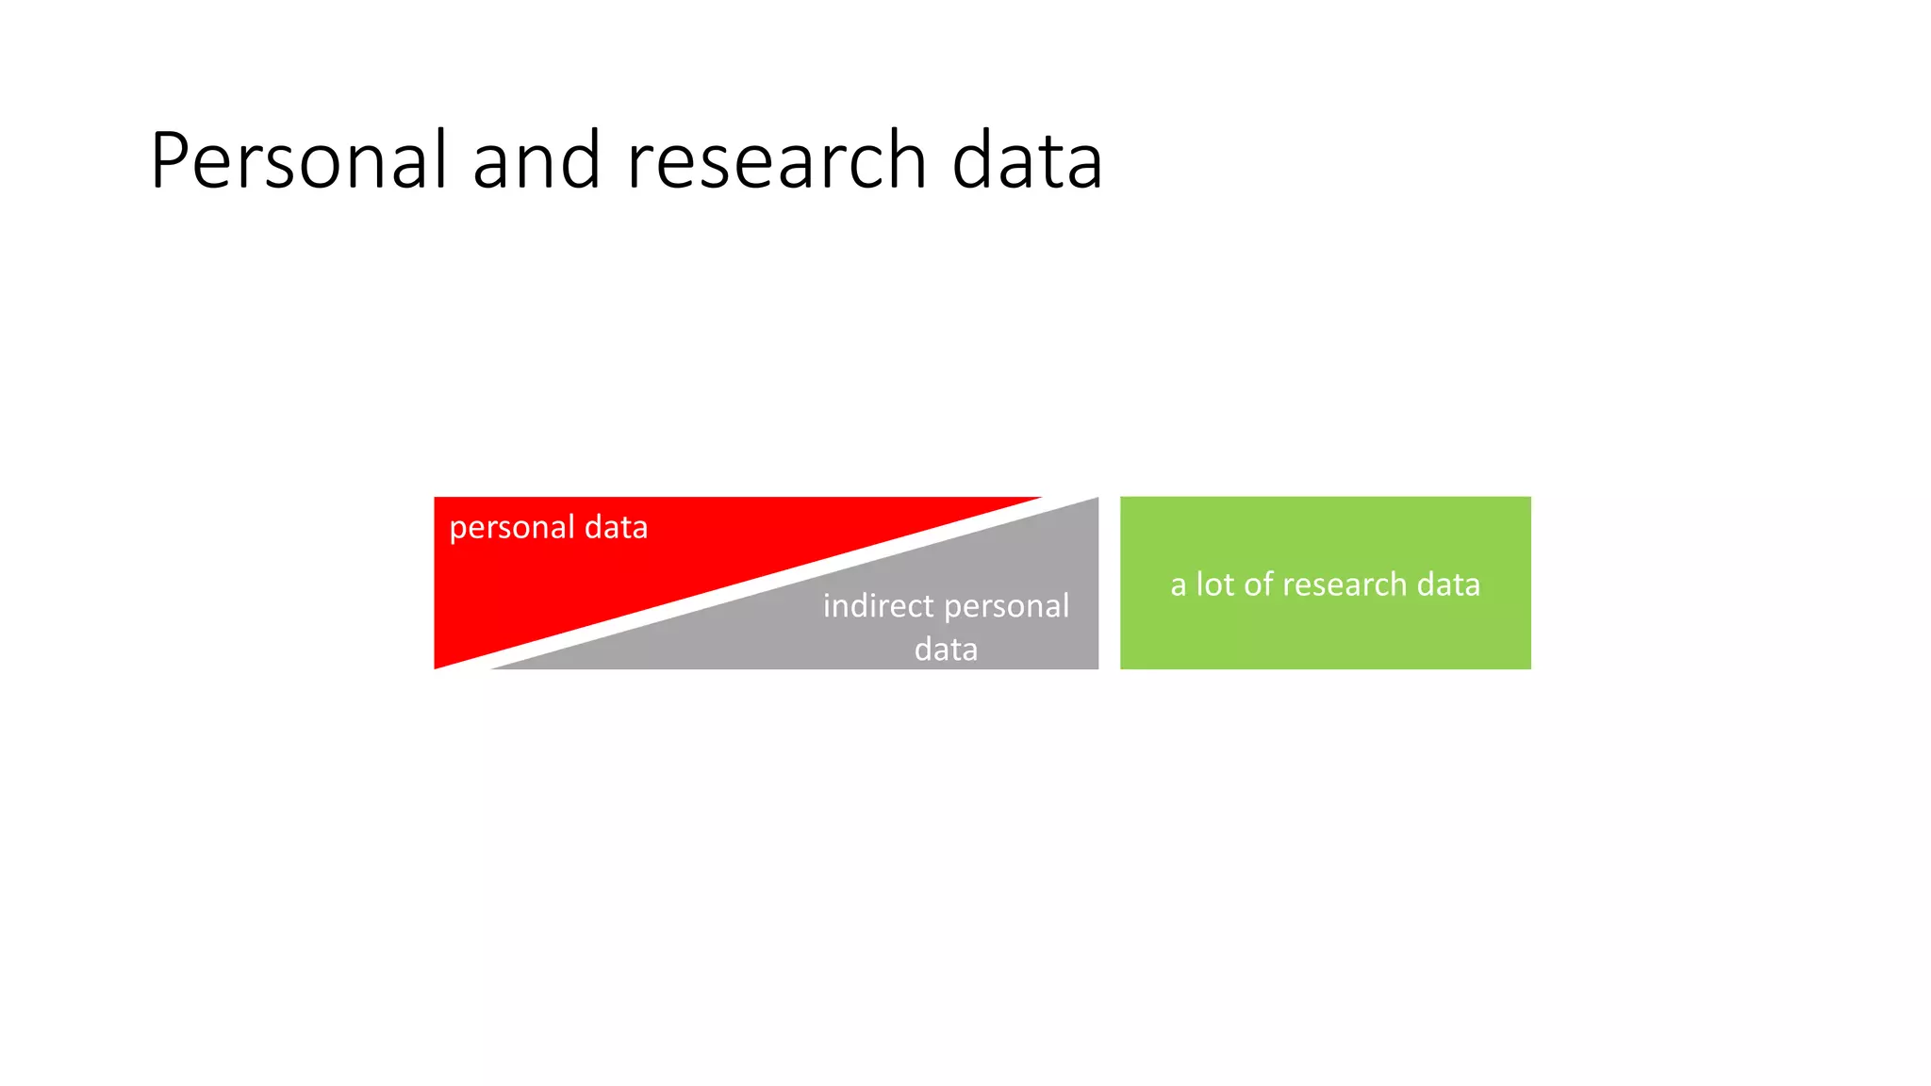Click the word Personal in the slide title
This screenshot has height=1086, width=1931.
point(298,161)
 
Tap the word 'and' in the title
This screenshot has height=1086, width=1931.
point(536,161)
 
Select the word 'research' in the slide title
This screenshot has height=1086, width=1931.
point(777,161)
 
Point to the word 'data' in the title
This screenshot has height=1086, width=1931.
point(1027,161)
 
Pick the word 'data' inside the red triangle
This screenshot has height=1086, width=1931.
point(616,527)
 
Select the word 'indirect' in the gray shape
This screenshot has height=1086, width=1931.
point(878,606)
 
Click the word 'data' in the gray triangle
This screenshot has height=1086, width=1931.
point(946,650)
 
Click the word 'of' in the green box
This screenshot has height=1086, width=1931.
point(1259,584)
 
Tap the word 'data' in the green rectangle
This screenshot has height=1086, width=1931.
point(1448,584)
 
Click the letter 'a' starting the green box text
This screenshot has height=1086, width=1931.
point(1178,585)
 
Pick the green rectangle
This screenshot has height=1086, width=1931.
point(1325,632)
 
